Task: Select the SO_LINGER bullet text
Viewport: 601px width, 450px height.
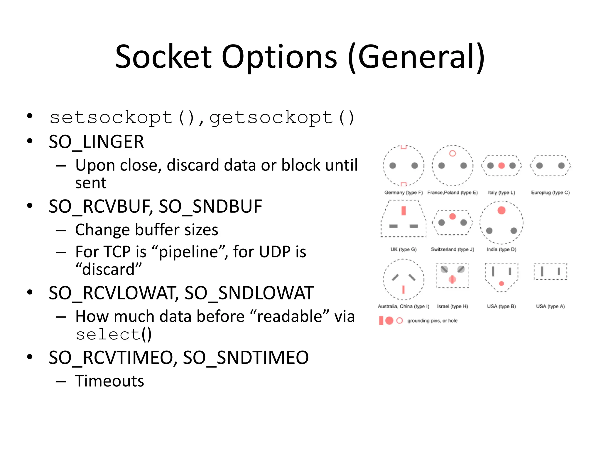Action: tap(96, 142)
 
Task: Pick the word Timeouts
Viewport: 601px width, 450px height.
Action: tap(109, 381)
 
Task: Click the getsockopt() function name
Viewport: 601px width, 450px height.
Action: tap(282, 118)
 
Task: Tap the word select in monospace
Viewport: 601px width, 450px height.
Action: tap(108, 334)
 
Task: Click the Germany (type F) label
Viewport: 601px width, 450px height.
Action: tap(404, 192)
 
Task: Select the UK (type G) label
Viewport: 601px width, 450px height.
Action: tap(404, 249)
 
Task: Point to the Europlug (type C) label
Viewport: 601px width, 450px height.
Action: tap(550, 192)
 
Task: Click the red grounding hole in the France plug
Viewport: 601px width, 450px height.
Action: tap(453, 153)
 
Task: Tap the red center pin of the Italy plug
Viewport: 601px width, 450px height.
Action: tap(502, 166)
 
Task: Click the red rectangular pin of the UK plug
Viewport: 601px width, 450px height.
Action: tap(404, 211)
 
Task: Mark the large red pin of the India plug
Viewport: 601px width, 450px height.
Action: tap(502, 210)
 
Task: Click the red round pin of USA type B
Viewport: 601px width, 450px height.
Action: tap(502, 283)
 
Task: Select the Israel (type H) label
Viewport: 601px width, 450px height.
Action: tap(453, 306)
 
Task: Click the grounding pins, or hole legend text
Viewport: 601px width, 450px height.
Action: tap(432, 321)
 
